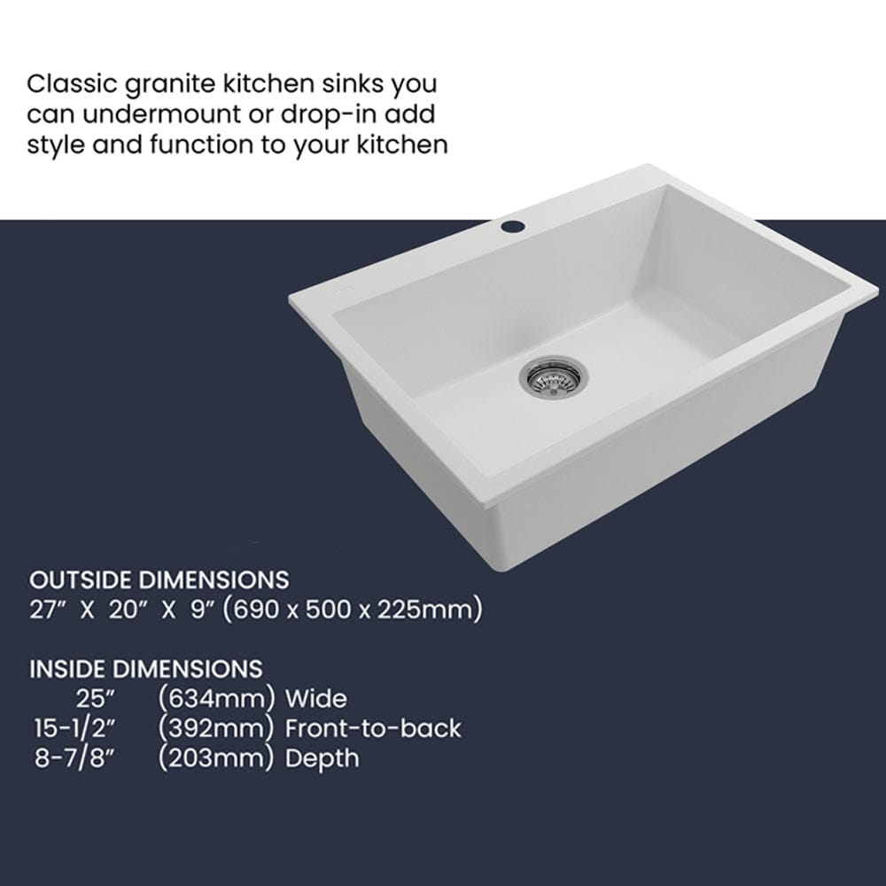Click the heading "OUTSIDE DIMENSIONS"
click(159, 580)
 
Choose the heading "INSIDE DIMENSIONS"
click(146, 668)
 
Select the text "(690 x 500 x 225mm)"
click(352, 610)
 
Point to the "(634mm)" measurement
click(215, 698)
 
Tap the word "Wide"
click(316, 698)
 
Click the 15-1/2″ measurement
click(74, 728)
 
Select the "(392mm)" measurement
click(215, 728)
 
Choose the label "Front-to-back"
click(373, 728)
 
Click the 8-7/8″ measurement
click(74, 758)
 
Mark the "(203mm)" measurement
click(215, 758)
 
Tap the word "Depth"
click(323, 758)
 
